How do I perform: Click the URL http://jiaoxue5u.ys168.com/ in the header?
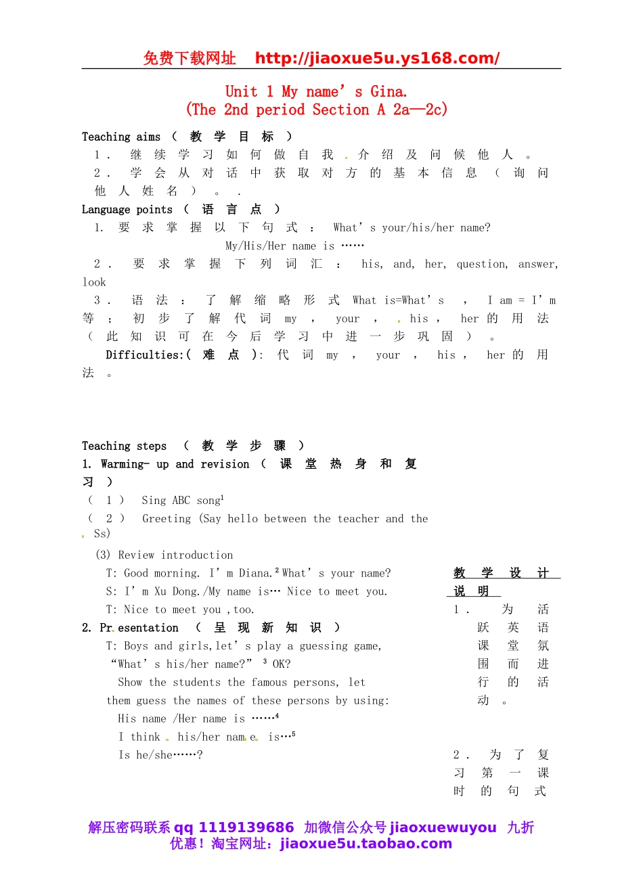coord(377,58)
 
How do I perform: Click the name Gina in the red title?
coord(388,92)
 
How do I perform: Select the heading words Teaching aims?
coord(121,137)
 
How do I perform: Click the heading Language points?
coord(127,210)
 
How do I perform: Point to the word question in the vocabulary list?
coord(482,264)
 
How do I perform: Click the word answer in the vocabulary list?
coord(538,264)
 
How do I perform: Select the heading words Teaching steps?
coord(124,446)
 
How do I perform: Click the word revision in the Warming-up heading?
coord(225,464)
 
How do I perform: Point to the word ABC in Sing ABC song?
coord(181,501)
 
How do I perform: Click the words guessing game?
coord(340,646)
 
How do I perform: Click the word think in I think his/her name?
coord(146,737)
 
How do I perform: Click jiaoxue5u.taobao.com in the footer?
coord(365,844)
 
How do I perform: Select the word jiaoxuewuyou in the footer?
coord(443,827)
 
